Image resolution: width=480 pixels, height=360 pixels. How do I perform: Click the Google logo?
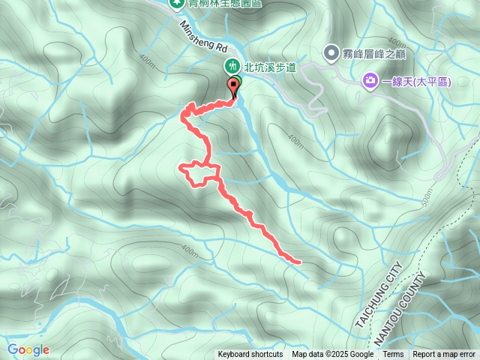[28, 349]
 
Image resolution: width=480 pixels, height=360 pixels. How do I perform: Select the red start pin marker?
[234, 86]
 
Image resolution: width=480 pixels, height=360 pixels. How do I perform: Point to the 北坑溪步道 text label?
[270, 67]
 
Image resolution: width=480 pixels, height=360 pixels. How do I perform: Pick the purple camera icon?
[370, 80]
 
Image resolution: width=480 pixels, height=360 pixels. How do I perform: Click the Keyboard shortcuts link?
[250, 355]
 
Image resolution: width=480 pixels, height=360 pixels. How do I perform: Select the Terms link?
[393, 355]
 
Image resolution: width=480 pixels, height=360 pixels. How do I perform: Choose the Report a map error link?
[444, 355]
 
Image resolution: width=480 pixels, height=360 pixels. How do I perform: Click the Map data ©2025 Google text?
[332, 355]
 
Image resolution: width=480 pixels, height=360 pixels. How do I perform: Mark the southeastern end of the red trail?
[298, 262]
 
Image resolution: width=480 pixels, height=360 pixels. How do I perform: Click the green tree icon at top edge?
[177, 3]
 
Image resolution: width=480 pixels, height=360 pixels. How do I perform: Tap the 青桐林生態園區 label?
[217, 3]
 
